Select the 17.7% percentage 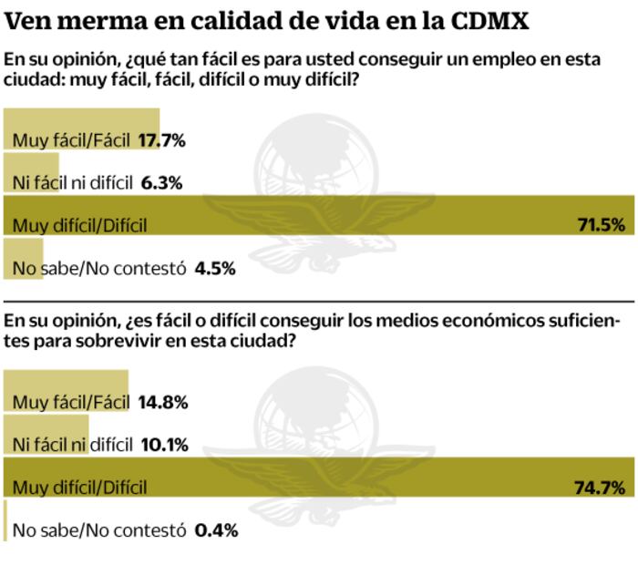pyautogui.click(x=162, y=140)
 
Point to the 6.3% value pyautogui.click(x=162, y=183)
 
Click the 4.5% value pyautogui.click(x=215, y=268)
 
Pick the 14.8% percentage pyautogui.click(x=163, y=402)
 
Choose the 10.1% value pyautogui.click(x=165, y=445)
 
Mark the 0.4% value pyautogui.click(x=216, y=529)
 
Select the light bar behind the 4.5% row pyautogui.click(x=24, y=258)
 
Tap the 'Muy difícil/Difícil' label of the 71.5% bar pyautogui.click(x=79, y=226)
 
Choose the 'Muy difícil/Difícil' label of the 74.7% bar pyautogui.click(x=79, y=488)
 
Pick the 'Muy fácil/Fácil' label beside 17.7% pyautogui.click(x=71, y=140)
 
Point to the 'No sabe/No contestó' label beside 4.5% pyautogui.click(x=99, y=268)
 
